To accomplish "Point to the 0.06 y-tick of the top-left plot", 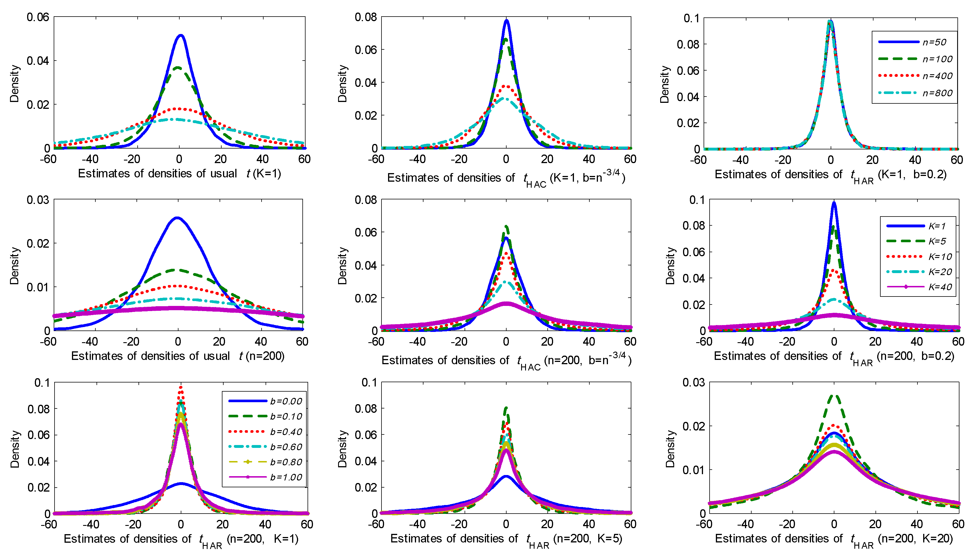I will pyautogui.click(x=38, y=17).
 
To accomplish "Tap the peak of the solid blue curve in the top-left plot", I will pyautogui.click(x=181, y=36).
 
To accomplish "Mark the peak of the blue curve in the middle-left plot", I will pyautogui.click(x=177, y=218).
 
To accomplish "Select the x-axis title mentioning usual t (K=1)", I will pyautogui.click(x=180, y=174).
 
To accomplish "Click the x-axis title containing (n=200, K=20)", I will pyautogui.click(x=834, y=539).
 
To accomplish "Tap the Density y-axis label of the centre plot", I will pyautogui.click(x=342, y=266).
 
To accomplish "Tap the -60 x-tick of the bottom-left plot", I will pyautogui.click(x=49, y=524).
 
